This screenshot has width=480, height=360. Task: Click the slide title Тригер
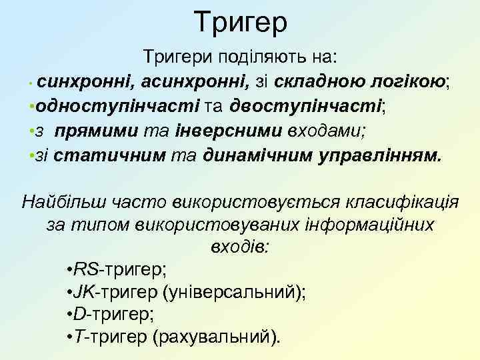point(241,23)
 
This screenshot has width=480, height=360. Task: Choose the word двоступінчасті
point(306,105)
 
